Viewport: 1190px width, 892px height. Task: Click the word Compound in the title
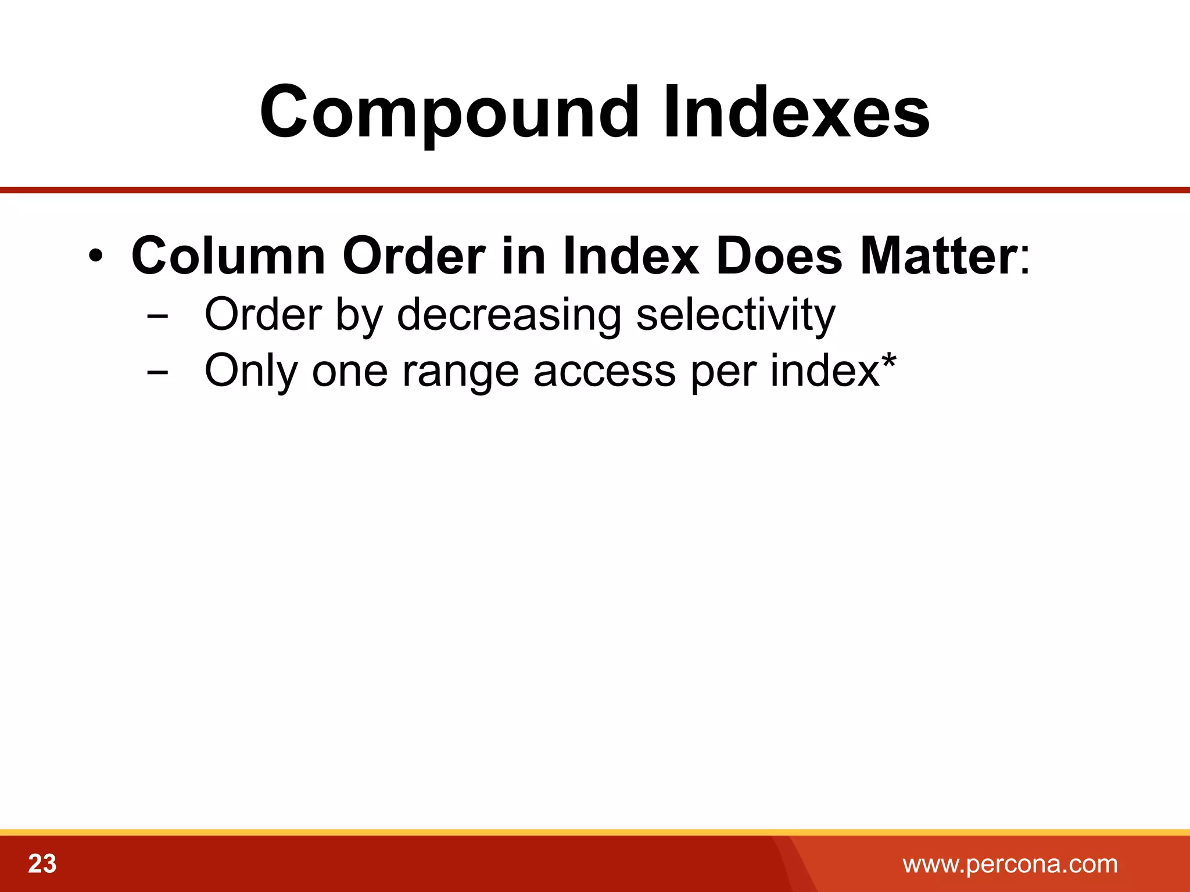(448, 112)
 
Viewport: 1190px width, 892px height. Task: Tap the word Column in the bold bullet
(228, 257)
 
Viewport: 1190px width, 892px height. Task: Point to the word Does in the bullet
(779, 256)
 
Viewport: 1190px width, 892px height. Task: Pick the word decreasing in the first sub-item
(509, 315)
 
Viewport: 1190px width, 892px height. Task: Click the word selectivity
(736, 315)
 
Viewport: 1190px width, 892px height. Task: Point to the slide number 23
(42, 864)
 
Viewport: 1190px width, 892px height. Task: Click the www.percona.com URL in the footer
(1010, 864)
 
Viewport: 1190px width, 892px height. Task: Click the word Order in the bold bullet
(414, 256)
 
